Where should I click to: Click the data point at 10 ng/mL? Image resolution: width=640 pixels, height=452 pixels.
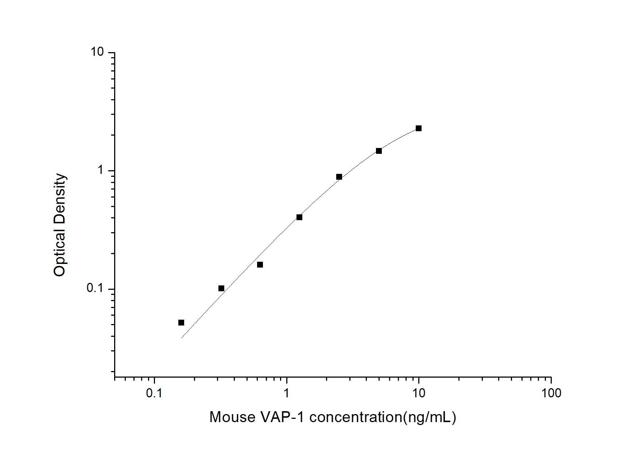coord(419,128)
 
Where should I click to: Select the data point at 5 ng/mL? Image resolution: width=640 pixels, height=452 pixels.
coord(379,151)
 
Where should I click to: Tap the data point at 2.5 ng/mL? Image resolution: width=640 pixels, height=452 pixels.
coord(339,177)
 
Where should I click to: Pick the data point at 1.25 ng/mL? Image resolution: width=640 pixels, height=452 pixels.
coord(299,217)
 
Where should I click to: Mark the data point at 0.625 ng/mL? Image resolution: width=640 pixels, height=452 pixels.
coord(260,265)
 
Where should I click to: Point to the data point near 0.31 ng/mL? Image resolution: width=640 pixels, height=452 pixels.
coord(221,288)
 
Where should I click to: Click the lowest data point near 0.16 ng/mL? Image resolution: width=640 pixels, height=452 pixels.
coord(181,323)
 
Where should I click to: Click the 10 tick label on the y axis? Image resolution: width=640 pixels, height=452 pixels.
coord(97,52)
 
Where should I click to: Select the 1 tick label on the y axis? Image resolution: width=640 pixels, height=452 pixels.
coord(101,170)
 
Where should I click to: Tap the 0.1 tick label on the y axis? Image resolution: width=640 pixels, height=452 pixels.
coord(95,288)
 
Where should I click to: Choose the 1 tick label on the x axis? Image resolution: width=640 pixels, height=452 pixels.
coord(287,393)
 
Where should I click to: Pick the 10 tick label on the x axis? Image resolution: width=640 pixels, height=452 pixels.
coord(419,393)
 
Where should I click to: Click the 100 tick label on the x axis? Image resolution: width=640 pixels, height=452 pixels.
coord(551,393)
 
